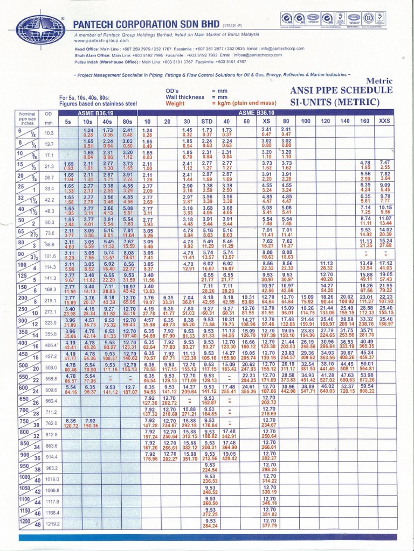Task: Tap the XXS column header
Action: (x=385, y=122)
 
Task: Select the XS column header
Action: (x=266, y=122)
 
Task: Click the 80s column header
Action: (x=127, y=122)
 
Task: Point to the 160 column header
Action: (x=365, y=122)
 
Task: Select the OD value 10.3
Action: (x=50, y=132)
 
